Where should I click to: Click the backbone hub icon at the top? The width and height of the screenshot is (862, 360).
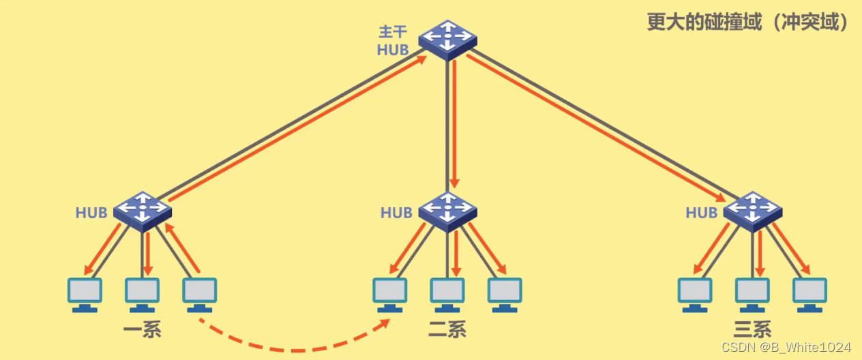coord(447,38)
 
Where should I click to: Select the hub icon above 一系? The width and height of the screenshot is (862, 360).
coord(142,209)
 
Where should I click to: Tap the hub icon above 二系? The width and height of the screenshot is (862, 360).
coord(447,209)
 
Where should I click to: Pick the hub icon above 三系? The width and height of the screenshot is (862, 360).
coord(752,209)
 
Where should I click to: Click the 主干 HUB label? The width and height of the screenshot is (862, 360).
coord(393,41)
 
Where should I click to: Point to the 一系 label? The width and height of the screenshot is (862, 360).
coord(142,331)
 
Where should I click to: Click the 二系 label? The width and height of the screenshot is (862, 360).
coord(447,331)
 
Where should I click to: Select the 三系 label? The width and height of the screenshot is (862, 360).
coord(752,331)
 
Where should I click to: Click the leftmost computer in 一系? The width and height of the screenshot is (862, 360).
coord(85,293)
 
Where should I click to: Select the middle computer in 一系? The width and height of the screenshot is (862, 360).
coord(142,293)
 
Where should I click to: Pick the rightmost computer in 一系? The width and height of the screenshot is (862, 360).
coord(200,293)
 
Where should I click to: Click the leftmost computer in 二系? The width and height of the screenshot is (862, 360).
coord(390,293)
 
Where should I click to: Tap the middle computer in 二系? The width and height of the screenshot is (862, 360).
coord(447,293)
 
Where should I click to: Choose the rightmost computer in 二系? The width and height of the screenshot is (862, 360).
coord(505,293)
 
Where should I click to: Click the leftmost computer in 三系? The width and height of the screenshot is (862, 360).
coord(695,293)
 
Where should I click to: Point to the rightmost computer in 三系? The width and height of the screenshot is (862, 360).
coord(809,293)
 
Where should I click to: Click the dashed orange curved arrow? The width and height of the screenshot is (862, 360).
coord(293,350)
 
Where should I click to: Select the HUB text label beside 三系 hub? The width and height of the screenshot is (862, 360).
coord(701,213)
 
